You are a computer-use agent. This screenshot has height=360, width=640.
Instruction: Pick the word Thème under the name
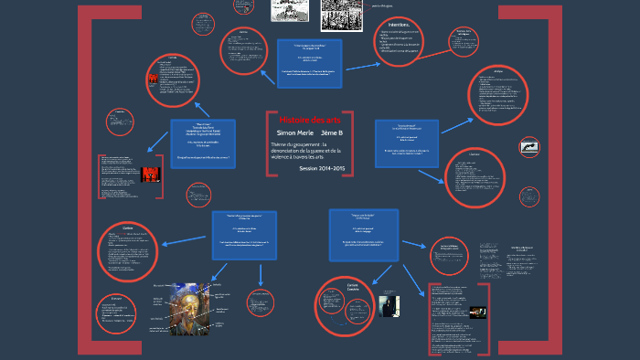[280, 144]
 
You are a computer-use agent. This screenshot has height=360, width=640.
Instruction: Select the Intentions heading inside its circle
[400, 25]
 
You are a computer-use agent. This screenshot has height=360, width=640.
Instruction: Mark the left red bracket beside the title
[268, 143]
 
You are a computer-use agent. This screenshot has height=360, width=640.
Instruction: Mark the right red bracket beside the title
[350, 143]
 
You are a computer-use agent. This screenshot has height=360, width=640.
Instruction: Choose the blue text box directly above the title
[309, 63]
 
